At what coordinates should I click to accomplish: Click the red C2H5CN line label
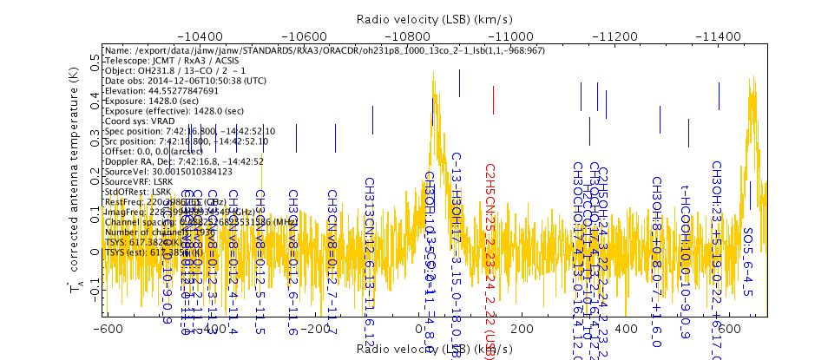pyautogui.click(x=490, y=252)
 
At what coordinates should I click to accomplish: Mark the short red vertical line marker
pyautogui.click(x=493, y=101)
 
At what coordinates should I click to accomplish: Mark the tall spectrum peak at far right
pyautogui.click(x=752, y=80)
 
